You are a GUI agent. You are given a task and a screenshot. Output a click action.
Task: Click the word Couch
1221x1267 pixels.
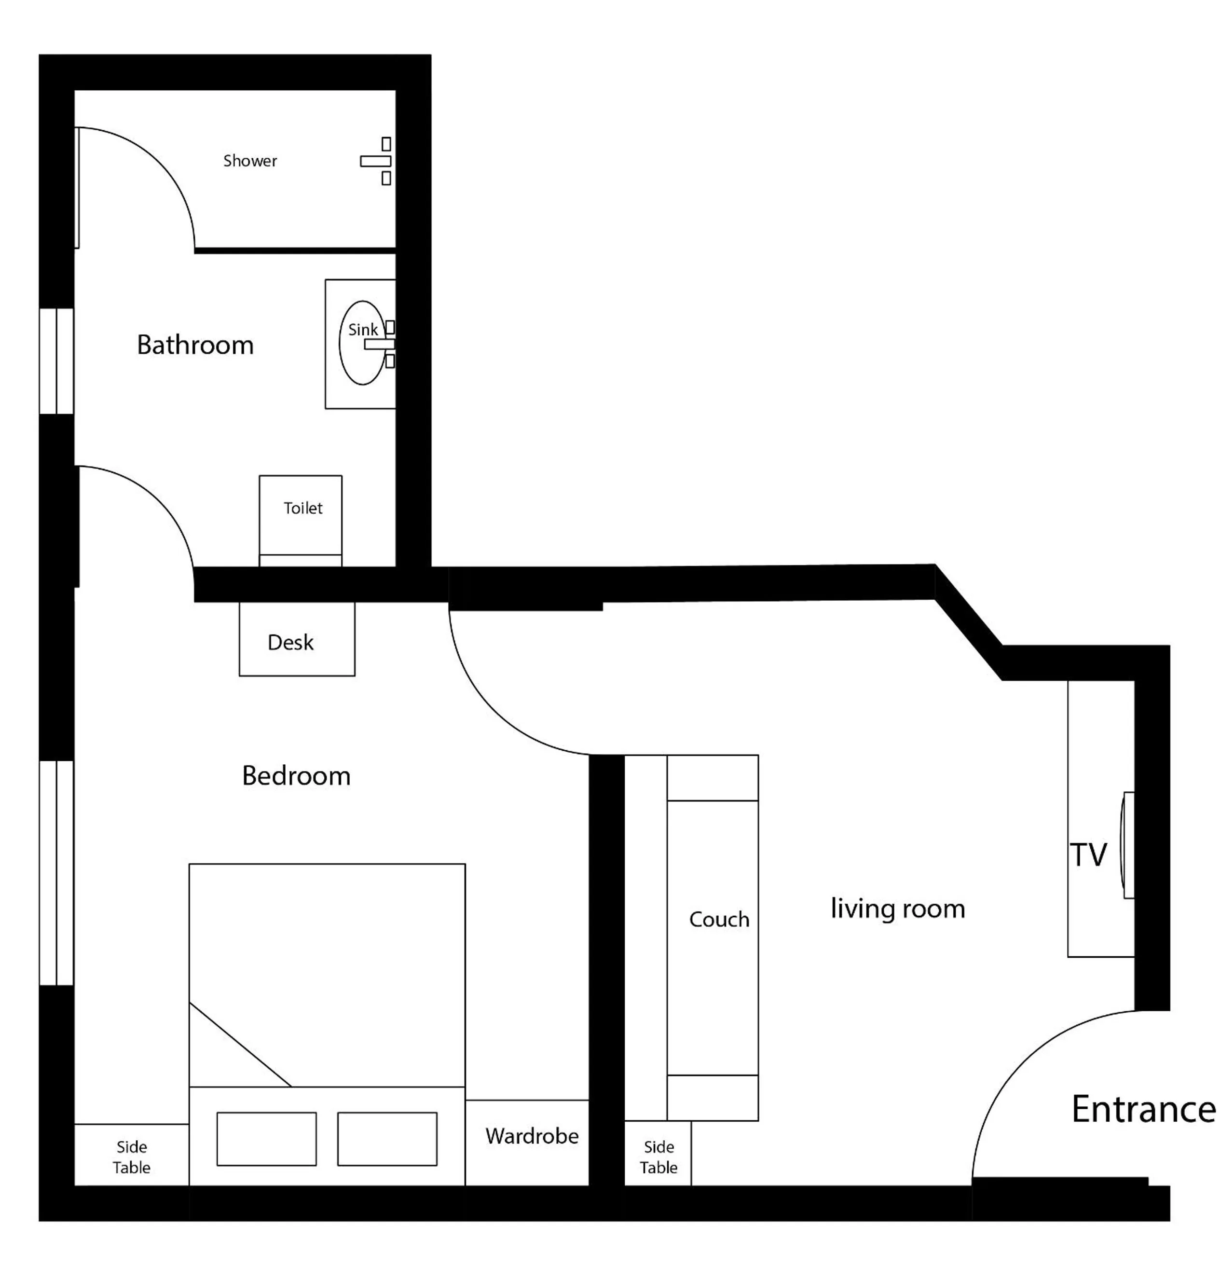(x=718, y=919)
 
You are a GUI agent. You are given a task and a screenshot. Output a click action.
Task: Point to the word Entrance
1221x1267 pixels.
(x=1143, y=1109)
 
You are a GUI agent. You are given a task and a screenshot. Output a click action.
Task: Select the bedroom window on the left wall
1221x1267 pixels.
(x=56, y=873)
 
